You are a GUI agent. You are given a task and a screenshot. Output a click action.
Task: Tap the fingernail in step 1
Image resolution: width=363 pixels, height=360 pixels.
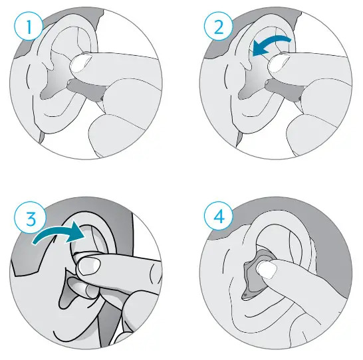[x=83, y=64]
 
